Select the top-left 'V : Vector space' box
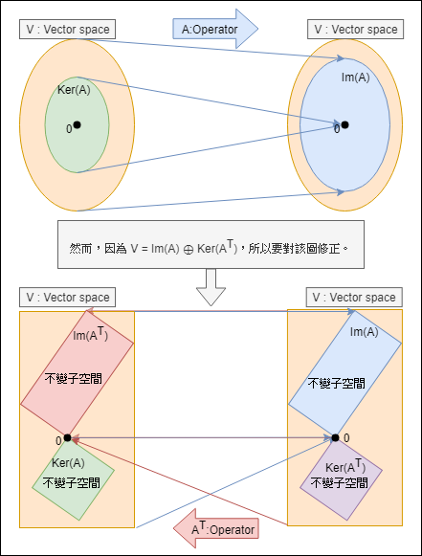66,29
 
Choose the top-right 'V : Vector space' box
355,30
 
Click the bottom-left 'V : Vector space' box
66,298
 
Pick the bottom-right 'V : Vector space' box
353,298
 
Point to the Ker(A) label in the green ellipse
75,91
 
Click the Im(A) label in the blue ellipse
355,78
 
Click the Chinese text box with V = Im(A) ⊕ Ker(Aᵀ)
211,247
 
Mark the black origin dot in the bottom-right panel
335,437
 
